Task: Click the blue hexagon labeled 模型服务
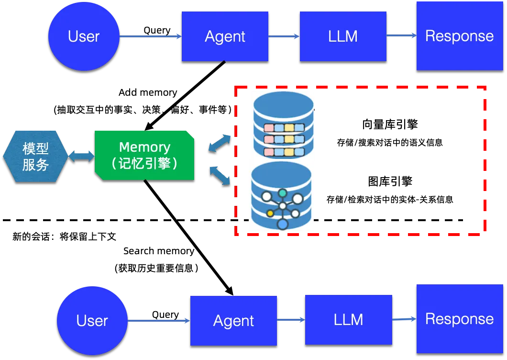tap(35, 156)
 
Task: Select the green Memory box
tap(144, 155)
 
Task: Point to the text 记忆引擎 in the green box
tap(144, 164)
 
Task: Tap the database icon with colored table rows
tap(283, 124)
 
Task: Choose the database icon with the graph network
tap(282, 196)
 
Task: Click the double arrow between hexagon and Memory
tap(81, 156)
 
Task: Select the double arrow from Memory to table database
tap(220, 144)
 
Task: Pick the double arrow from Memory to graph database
tap(220, 175)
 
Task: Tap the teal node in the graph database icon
tap(283, 193)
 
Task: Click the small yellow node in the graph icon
tap(270, 213)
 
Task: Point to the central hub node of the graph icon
tap(283, 206)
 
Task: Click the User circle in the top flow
tap(84, 36)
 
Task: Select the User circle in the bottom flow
tap(92, 320)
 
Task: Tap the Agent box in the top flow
tap(225, 36)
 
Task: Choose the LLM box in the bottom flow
tap(348, 319)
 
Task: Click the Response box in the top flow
tap(459, 36)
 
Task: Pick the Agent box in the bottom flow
tap(233, 320)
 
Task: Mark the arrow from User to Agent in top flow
tap(151, 36)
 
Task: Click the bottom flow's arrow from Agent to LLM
tap(291, 320)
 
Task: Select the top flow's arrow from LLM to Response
tap(401, 36)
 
